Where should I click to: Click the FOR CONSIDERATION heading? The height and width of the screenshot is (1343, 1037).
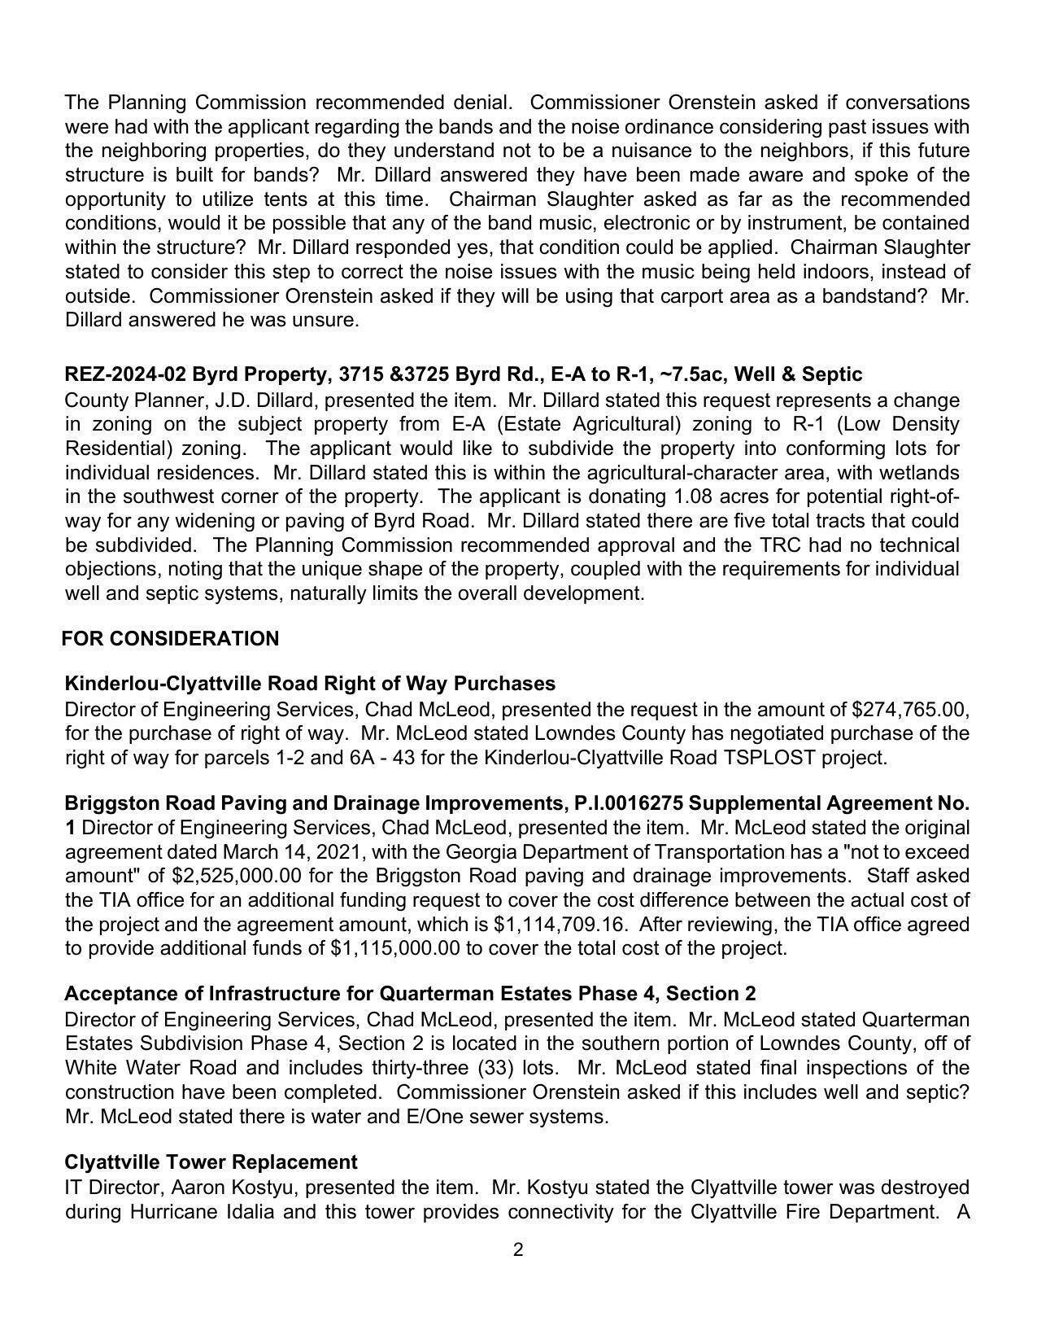pyautogui.click(x=170, y=639)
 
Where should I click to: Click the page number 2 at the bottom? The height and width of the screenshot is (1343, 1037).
pyautogui.click(x=518, y=1249)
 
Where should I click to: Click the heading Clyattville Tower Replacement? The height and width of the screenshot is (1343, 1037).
pyautogui.click(x=211, y=1161)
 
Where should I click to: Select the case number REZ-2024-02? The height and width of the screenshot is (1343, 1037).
pyautogui.click(x=125, y=374)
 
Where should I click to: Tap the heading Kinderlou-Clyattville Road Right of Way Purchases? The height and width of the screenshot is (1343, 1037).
pyautogui.click(x=310, y=684)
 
